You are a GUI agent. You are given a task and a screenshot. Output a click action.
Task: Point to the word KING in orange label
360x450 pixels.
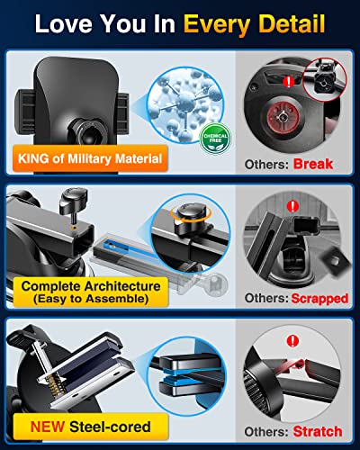[58, 160]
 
